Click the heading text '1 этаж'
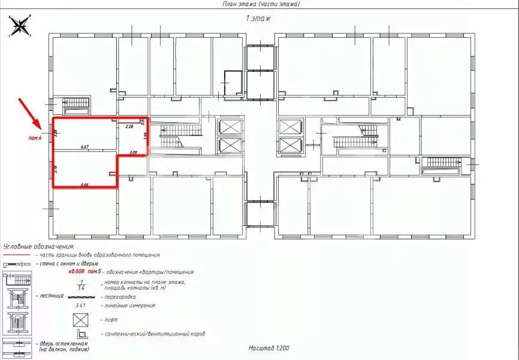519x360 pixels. [258, 19]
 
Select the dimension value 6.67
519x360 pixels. [85, 147]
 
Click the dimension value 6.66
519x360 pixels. [84, 184]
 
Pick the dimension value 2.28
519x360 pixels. [128, 127]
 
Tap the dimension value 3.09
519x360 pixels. [133, 153]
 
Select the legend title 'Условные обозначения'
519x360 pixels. [38, 246]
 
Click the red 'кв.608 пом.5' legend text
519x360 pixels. [90, 271]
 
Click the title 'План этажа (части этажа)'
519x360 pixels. [259, 4]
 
